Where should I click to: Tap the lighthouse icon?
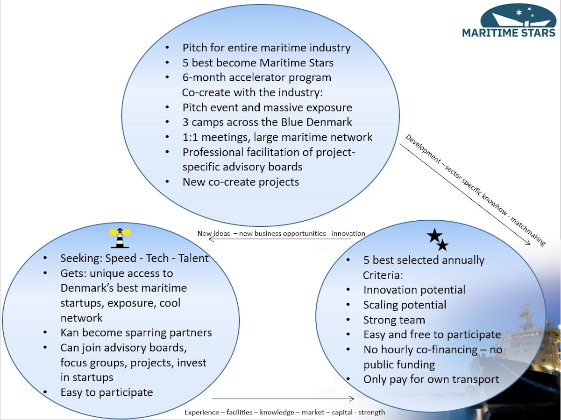(120, 238)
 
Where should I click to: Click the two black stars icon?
(438, 240)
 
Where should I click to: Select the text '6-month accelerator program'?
(256, 77)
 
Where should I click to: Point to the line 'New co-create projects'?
(241, 182)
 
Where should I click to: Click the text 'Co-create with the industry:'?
(252, 92)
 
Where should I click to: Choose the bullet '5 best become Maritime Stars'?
(258, 63)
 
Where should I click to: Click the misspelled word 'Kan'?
(70, 333)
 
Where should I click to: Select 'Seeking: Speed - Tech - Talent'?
(135, 258)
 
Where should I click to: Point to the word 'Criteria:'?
(383, 275)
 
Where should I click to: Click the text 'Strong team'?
(394, 320)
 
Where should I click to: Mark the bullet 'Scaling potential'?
(405, 305)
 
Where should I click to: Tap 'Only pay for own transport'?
(431, 379)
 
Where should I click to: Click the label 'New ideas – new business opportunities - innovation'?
(281, 233)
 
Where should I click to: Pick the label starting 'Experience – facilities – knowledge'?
(284, 412)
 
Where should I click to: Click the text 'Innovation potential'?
(414, 290)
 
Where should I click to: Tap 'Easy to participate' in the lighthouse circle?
(107, 392)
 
